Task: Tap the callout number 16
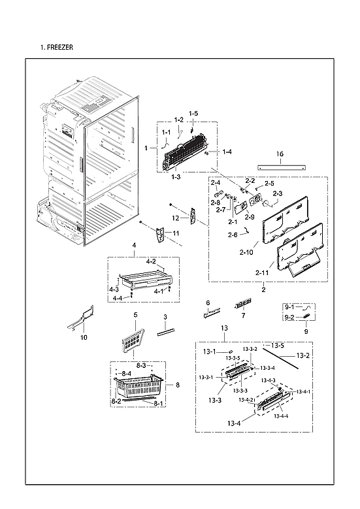(x=280, y=154)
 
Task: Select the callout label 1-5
(x=193, y=114)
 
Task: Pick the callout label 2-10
(x=247, y=252)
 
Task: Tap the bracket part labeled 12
(x=193, y=216)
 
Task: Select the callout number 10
(x=83, y=338)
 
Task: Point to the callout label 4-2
(x=151, y=261)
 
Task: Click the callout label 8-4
(x=126, y=372)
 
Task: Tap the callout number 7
(x=242, y=316)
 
